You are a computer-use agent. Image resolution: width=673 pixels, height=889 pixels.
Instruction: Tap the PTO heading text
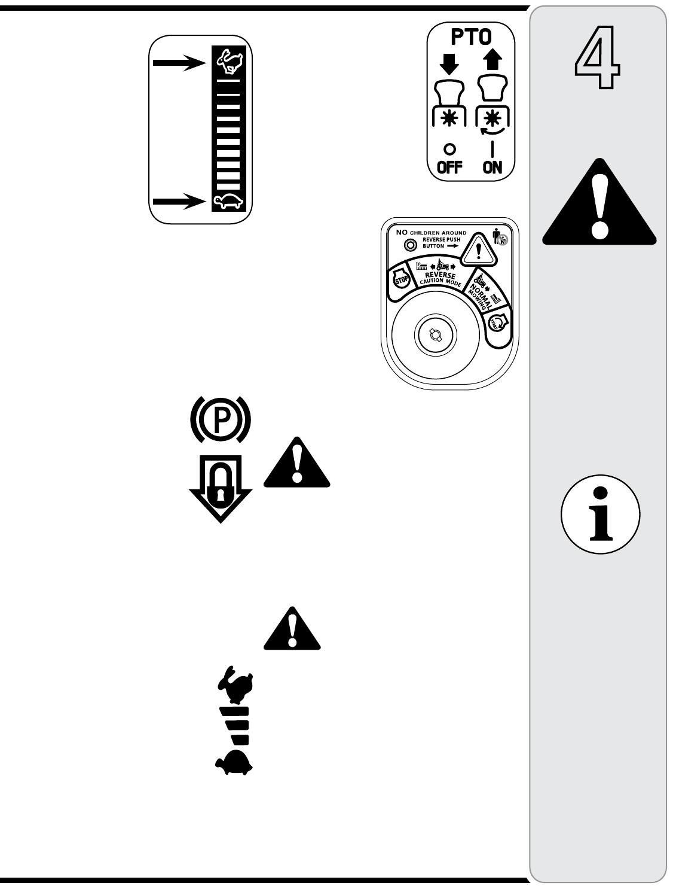click(470, 38)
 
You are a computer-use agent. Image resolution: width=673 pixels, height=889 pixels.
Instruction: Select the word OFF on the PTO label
click(449, 167)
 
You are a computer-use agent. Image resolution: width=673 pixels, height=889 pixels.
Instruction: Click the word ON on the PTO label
click(492, 167)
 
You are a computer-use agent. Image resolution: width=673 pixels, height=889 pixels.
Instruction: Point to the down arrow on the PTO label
click(449, 64)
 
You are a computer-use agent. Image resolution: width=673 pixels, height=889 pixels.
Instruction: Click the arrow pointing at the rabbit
click(179, 61)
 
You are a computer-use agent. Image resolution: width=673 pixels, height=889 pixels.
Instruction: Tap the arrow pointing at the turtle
click(179, 202)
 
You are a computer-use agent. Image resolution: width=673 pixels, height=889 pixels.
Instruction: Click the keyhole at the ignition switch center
click(431, 336)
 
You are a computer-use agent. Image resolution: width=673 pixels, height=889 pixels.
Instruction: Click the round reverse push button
click(410, 245)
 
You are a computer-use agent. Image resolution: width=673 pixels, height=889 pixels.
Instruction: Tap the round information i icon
click(601, 514)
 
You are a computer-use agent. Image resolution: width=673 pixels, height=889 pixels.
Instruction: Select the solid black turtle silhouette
click(233, 762)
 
